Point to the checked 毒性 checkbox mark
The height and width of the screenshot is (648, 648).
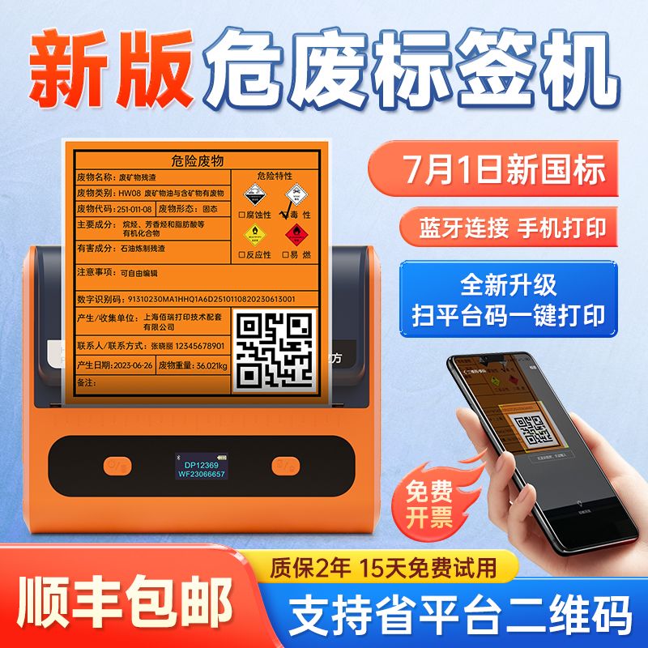click(x=285, y=214)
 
